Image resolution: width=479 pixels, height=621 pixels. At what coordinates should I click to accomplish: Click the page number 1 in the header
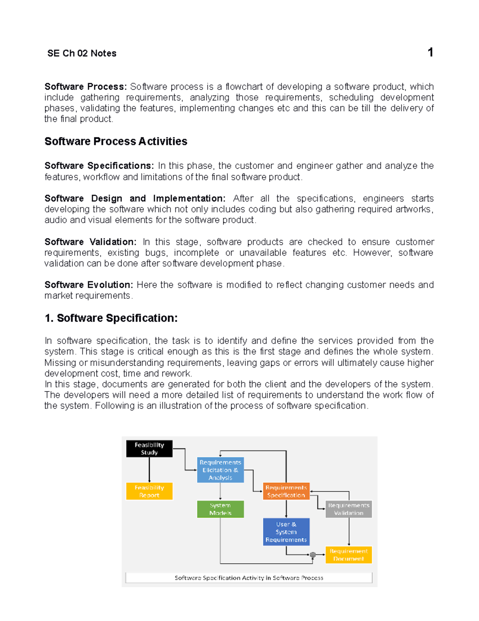pyautogui.click(x=430, y=52)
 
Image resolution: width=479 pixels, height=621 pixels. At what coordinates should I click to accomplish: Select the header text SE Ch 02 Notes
pyautogui.click(x=82, y=53)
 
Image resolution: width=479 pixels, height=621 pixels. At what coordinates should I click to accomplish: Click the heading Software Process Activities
pyautogui.click(x=116, y=141)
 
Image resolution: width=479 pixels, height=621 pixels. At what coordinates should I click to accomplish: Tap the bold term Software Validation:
pyautogui.click(x=90, y=242)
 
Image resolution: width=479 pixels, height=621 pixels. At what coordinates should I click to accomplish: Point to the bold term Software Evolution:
pyautogui.click(x=89, y=285)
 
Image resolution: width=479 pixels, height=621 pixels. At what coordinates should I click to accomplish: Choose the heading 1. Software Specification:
pyautogui.click(x=111, y=318)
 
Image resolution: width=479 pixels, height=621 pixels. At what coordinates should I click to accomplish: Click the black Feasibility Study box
pyautogui.click(x=149, y=449)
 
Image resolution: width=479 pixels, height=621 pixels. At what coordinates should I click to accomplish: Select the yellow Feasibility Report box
pyautogui.click(x=149, y=491)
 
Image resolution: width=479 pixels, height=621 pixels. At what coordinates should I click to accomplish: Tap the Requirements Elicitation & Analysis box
pyautogui.click(x=220, y=470)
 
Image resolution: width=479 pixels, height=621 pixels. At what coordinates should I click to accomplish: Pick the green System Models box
pyautogui.click(x=220, y=509)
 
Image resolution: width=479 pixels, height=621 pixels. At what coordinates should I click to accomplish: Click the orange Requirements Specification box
pyautogui.click(x=286, y=491)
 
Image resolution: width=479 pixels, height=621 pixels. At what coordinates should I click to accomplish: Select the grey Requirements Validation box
pyautogui.click(x=348, y=509)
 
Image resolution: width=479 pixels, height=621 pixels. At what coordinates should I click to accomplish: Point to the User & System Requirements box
pyautogui.click(x=286, y=532)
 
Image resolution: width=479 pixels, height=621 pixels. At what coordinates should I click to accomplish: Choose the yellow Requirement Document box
pyautogui.click(x=348, y=555)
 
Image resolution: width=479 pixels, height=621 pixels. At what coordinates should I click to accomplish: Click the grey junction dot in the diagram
pyautogui.click(x=313, y=555)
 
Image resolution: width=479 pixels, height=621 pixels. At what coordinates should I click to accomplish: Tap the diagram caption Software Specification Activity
pyautogui.click(x=249, y=578)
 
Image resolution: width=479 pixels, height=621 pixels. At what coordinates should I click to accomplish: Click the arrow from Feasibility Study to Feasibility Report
pyautogui.click(x=149, y=470)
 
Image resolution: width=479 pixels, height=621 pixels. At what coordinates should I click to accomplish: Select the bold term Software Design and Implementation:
pyautogui.click(x=135, y=198)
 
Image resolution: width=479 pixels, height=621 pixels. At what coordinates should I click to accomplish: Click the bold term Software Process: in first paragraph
pyautogui.click(x=85, y=86)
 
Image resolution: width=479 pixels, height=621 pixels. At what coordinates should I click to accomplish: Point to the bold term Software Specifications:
pyautogui.click(x=99, y=166)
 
